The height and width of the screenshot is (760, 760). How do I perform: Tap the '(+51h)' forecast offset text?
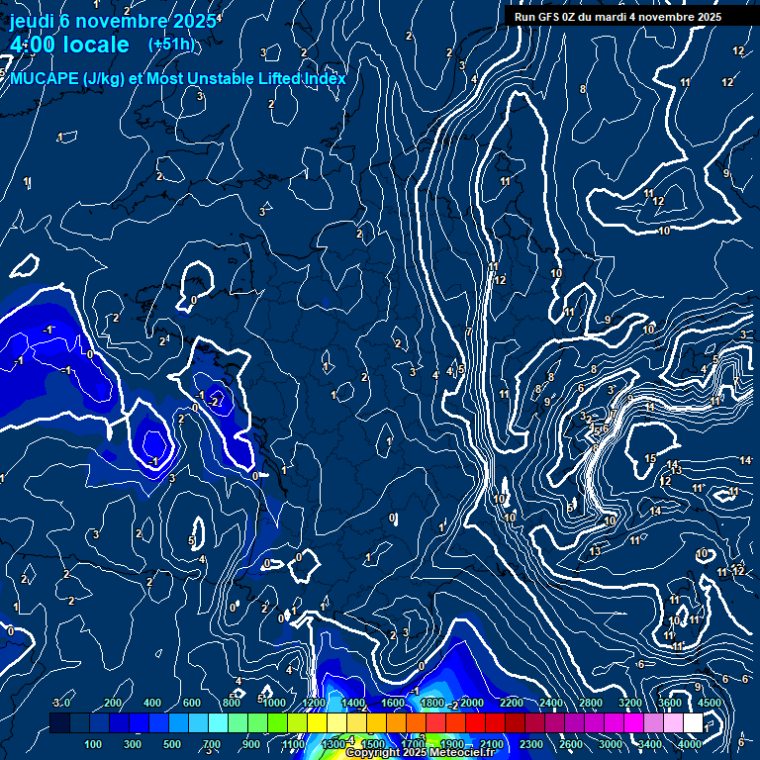point(171,45)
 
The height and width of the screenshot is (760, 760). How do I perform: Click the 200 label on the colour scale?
point(113,703)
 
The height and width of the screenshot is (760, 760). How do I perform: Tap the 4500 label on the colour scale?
point(709,703)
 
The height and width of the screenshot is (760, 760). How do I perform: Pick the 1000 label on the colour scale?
point(274,703)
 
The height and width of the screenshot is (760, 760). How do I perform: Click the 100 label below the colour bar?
point(94,744)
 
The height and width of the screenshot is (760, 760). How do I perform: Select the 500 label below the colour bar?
point(172,744)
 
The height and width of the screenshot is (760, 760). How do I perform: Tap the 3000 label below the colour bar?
point(611,744)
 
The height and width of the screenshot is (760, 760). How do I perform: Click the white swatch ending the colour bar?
point(693,723)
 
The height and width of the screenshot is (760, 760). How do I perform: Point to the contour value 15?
point(650,458)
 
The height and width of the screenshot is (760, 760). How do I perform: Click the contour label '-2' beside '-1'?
point(215,401)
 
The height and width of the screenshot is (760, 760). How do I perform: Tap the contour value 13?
point(595,551)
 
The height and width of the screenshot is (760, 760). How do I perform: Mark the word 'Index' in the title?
point(322,79)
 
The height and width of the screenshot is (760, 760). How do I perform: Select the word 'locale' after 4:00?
point(95,45)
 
